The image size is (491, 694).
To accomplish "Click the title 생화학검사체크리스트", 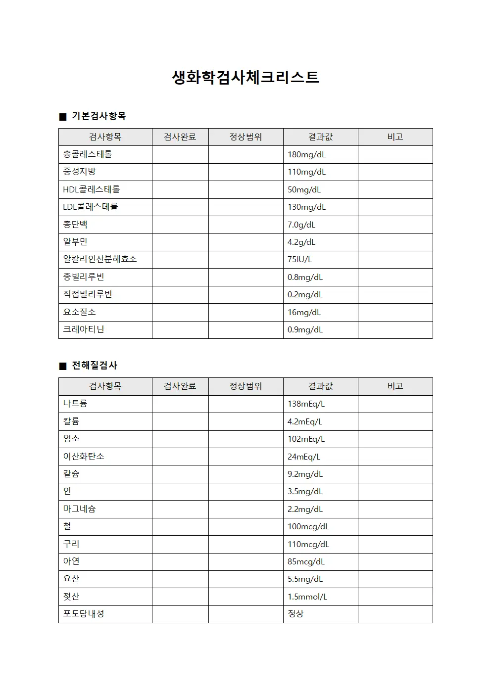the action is [x=245, y=77].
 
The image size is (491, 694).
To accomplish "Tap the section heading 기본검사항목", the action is [x=98, y=116].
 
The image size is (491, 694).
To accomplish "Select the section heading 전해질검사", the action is [x=95, y=366].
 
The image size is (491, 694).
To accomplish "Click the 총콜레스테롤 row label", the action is [x=88, y=154].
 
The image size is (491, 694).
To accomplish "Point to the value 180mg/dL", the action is [x=306, y=154].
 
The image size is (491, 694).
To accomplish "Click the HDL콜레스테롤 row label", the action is [x=92, y=189].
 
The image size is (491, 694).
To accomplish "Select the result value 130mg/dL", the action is [x=306, y=207].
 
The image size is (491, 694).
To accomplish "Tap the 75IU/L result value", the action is [x=299, y=259].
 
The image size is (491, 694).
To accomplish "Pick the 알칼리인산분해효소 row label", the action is [x=100, y=259].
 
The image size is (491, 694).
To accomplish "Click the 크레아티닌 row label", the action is [x=84, y=329].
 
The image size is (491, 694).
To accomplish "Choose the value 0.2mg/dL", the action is [x=305, y=294].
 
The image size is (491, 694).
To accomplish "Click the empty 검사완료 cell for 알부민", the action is [x=180, y=242].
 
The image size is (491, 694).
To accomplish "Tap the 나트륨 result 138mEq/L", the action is [x=306, y=404].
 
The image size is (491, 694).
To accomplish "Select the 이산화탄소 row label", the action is [x=84, y=456].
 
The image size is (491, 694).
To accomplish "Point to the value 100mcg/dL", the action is [x=308, y=526].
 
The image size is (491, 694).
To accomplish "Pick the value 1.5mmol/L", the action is [x=307, y=597].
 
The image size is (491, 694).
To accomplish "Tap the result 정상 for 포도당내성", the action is [x=295, y=614].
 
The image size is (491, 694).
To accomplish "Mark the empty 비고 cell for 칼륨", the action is [x=395, y=421].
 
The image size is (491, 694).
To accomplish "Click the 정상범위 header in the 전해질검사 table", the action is [x=245, y=386].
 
